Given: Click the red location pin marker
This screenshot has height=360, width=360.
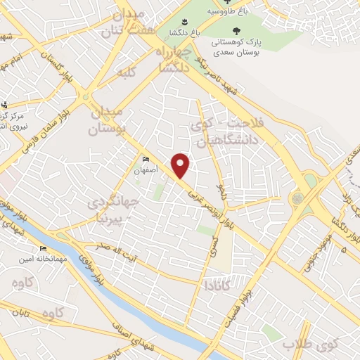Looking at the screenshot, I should tap(181, 165).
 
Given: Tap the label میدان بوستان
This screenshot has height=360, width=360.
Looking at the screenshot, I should tap(108, 121).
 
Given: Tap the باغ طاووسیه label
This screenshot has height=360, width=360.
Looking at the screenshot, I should tap(232, 11).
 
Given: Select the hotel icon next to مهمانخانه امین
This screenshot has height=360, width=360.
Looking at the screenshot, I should tap(44, 249).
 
